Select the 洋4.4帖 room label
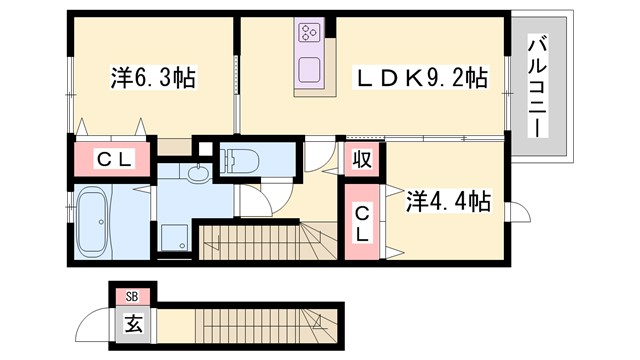click(447, 201)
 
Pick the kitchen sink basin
click(309, 71)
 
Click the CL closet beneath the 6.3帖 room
click(110, 158)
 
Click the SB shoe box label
click(133, 295)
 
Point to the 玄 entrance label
click(133, 323)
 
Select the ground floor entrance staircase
click(250, 324)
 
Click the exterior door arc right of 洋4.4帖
click(523, 214)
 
